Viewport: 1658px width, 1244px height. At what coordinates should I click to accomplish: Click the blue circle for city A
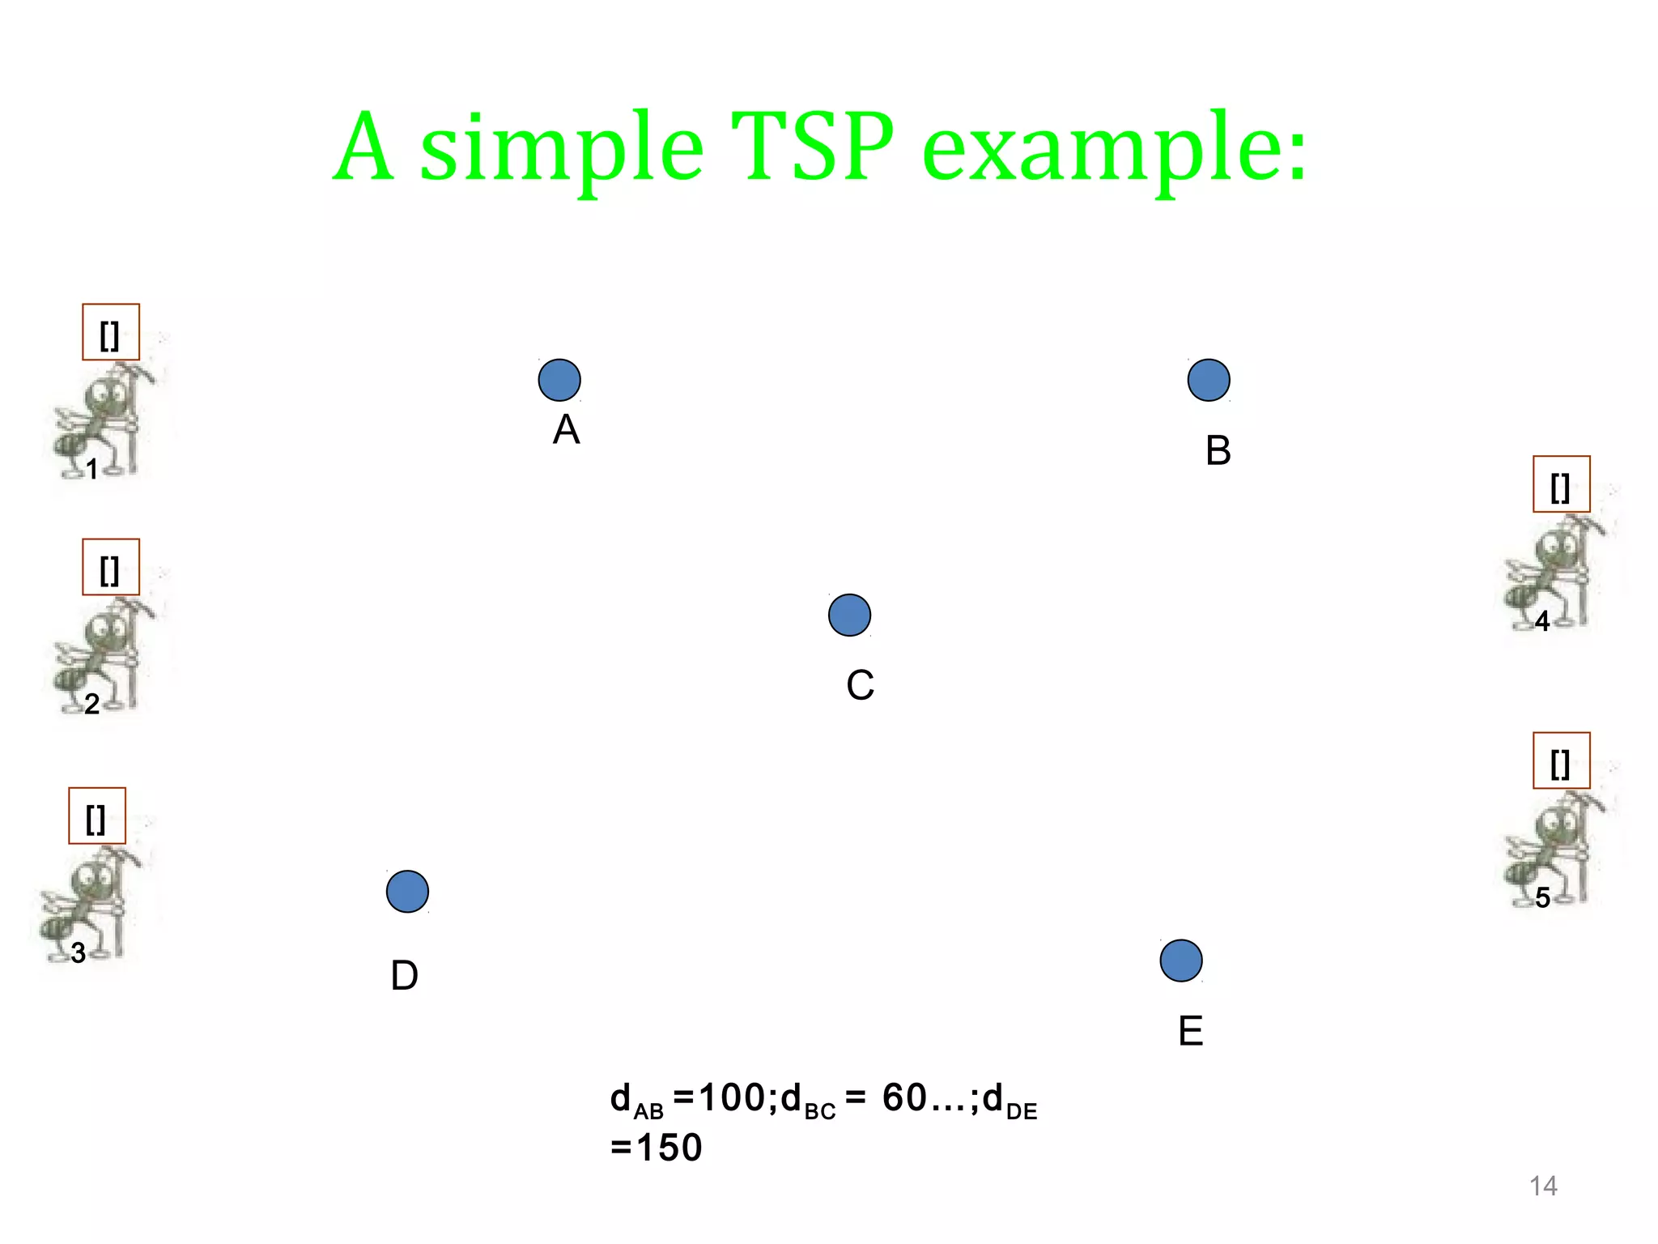point(559,380)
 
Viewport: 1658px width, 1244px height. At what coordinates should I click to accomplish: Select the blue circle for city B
point(1209,380)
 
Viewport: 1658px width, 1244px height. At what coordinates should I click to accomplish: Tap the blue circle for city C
point(849,616)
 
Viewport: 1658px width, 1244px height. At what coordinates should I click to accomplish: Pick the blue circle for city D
point(407,892)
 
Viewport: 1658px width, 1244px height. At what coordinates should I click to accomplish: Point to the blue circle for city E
point(1181,961)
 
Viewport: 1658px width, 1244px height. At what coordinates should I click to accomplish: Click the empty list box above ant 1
point(111,332)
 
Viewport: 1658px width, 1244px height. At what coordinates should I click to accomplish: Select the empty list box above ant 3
point(97,816)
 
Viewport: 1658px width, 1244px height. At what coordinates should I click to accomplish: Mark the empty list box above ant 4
point(1561,484)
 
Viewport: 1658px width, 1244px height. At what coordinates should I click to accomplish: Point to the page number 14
point(1543,1186)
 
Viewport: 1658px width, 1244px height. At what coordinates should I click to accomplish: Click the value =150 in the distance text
point(656,1148)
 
